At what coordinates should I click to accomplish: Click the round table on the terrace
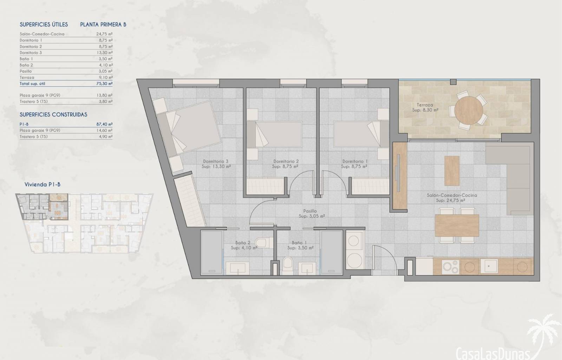tap(469, 110)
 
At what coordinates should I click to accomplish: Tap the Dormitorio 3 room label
tap(216, 161)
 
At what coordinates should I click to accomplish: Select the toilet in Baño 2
tap(264, 243)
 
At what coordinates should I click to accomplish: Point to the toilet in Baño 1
tap(288, 266)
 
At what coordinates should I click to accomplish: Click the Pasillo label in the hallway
tap(310, 211)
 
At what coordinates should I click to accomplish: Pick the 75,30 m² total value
tap(104, 84)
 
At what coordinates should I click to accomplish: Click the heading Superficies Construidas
tap(53, 115)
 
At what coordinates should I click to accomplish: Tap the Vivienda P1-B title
tap(43, 185)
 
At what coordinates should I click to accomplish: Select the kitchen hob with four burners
tap(451, 266)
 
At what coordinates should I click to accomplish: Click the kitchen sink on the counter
tap(489, 266)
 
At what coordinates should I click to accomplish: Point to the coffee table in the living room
tap(452, 171)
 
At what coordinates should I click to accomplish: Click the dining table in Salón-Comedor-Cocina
tap(457, 225)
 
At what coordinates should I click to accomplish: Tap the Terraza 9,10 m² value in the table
tap(105, 78)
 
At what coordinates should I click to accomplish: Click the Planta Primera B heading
tap(103, 25)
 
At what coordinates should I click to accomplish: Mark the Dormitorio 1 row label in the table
tap(31, 40)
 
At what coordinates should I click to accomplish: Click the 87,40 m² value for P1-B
tap(104, 124)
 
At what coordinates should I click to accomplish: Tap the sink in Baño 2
tap(237, 268)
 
